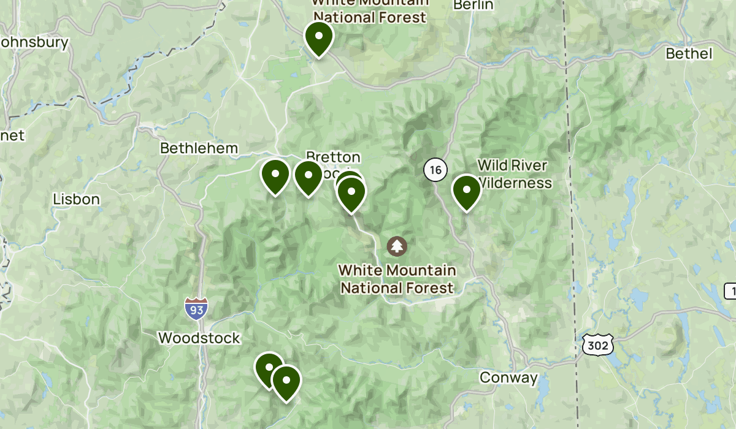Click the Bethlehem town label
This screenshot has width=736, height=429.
198,148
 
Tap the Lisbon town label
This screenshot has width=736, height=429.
76,199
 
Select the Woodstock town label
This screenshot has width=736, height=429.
199,338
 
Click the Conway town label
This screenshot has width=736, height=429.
508,378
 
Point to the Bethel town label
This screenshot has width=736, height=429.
689,54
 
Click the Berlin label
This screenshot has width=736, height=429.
473,5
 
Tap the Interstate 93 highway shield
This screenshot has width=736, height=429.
196,309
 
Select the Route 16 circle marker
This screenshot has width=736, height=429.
435,170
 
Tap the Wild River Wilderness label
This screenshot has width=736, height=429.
514,174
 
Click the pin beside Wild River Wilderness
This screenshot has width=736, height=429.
466,191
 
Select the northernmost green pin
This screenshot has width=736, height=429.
319,37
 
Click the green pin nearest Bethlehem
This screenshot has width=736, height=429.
275,175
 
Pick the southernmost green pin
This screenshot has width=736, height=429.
286,381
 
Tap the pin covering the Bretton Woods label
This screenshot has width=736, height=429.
351,192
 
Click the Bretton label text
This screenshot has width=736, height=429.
333,157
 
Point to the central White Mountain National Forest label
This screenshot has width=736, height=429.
397,279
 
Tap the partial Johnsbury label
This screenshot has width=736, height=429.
34,43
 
